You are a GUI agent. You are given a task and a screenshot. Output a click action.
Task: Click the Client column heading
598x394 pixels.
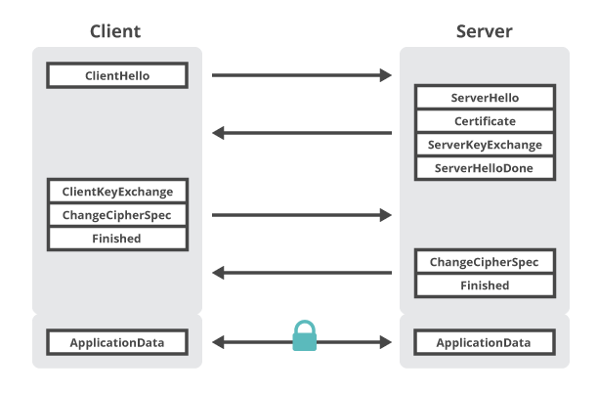(115, 31)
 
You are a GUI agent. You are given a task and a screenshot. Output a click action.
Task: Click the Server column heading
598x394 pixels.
(485, 31)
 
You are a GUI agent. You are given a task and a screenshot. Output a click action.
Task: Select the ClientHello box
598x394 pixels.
(117, 75)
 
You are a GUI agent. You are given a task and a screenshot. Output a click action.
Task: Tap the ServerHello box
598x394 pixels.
(485, 98)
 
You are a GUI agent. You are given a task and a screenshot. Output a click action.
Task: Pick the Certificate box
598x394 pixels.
(485, 121)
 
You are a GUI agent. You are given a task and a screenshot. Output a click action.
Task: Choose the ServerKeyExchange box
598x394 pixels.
(485, 145)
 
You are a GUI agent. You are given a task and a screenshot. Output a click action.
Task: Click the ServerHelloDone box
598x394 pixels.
(485, 168)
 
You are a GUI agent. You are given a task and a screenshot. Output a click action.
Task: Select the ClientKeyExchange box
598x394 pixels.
(117, 191)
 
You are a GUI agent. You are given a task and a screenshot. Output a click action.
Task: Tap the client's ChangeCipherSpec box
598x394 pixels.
(117, 215)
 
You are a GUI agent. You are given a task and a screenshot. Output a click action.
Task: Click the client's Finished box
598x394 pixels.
(117, 239)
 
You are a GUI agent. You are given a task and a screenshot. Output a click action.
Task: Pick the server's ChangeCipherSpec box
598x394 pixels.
(485, 262)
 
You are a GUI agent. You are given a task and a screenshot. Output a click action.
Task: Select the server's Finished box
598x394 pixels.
(485, 285)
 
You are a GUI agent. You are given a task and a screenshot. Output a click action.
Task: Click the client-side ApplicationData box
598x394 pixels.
(117, 342)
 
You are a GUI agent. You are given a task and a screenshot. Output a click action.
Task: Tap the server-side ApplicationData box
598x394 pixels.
(485, 342)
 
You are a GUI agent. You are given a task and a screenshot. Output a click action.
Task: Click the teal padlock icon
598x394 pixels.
(304, 335)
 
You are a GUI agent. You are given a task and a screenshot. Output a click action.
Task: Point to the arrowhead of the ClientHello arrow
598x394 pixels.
(391, 75)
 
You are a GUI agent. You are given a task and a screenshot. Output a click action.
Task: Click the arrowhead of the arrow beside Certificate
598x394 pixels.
(213, 133)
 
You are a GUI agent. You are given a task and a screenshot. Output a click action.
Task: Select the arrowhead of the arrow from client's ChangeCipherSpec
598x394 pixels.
(391, 215)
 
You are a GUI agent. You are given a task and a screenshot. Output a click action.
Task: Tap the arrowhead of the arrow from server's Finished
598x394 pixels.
(213, 273)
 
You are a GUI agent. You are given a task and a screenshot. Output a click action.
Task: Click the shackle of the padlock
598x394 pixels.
(304, 322)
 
